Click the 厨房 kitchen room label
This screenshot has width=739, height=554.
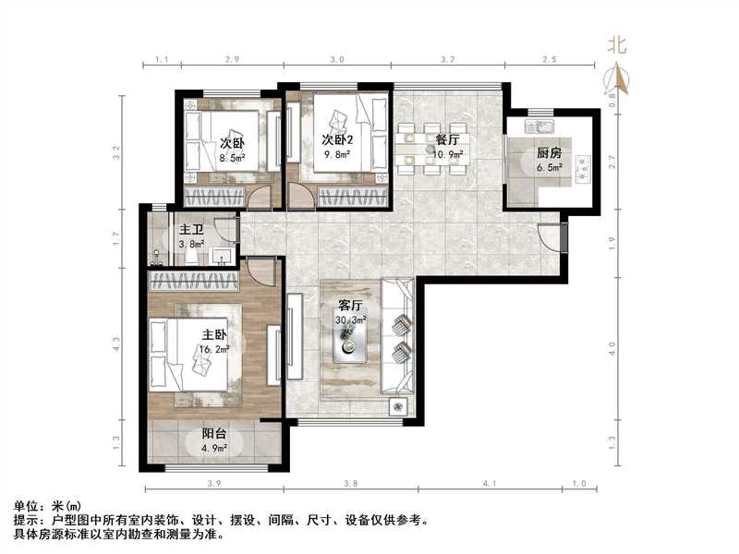tap(548, 154)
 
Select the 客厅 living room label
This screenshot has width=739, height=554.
tap(350, 306)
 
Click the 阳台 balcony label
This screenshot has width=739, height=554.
tap(215, 436)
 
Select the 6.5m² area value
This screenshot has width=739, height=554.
tap(549, 169)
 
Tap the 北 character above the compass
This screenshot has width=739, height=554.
tap(617, 44)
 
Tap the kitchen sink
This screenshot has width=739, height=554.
tap(538, 124)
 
